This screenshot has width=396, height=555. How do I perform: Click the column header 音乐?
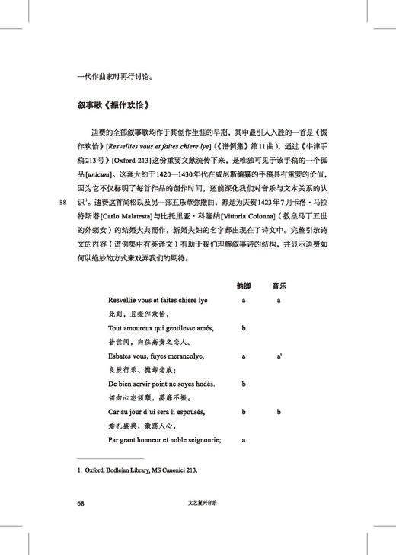(x=279, y=286)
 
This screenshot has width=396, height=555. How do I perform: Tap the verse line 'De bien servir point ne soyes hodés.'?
(x=161, y=384)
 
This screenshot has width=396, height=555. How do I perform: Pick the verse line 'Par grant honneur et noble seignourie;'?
(x=164, y=439)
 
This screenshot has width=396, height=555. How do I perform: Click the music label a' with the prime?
(x=279, y=356)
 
